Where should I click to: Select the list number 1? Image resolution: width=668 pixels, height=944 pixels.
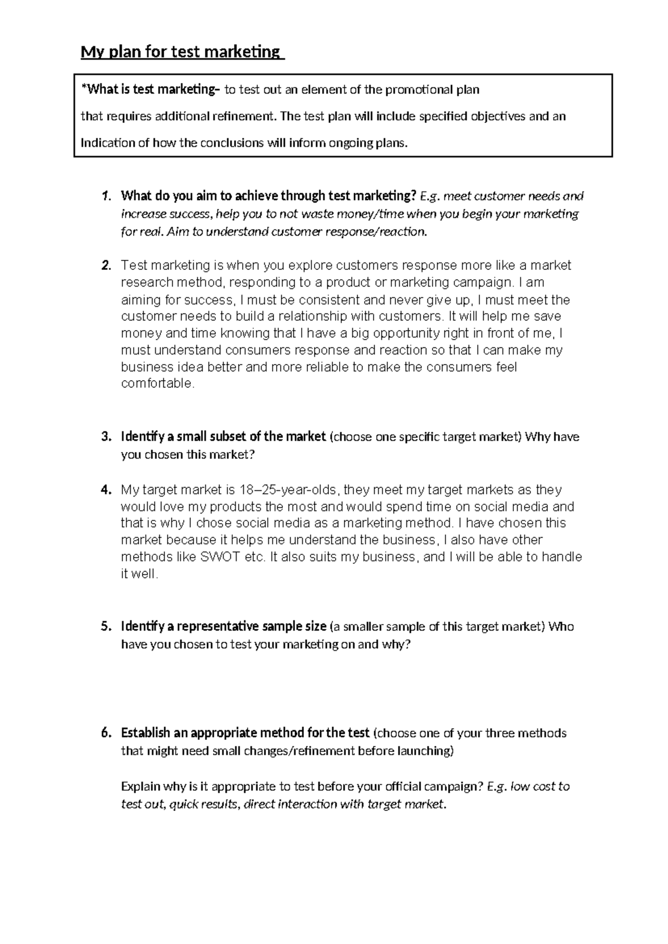pyautogui.click(x=106, y=196)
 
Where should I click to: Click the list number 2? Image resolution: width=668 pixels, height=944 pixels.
pyautogui.click(x=106, y=265)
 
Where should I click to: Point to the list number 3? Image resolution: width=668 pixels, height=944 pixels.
pyautogui.click(x=106, y=437)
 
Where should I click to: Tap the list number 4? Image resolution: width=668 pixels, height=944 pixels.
pyautogui.click(x=106, y=490)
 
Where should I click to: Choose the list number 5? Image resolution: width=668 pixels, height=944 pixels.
pyautogui.click(x=106, y=627)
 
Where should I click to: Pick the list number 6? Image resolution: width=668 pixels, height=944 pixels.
pyautogui.click(x=106, y=733)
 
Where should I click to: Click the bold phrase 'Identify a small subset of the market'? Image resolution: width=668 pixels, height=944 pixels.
pyautogui.click(x=223, y=437)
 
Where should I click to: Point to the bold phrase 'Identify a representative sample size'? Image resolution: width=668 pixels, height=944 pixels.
pyautogui.click(x=223, y=627)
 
